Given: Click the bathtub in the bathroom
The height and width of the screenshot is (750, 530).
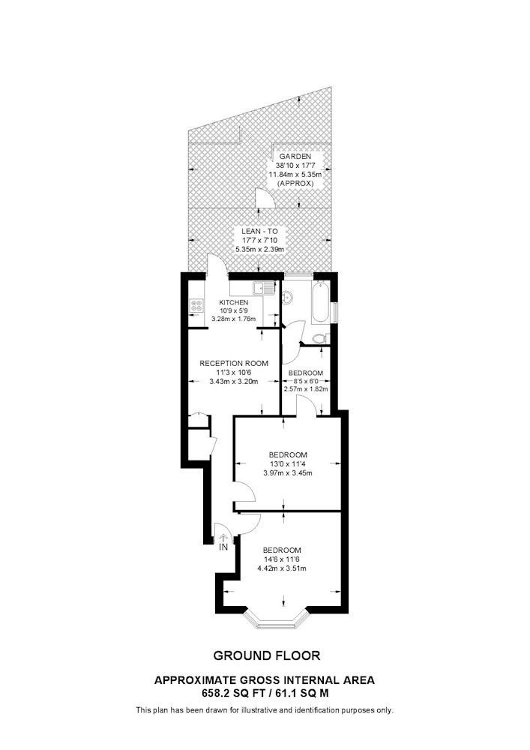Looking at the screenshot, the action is click(320, 302).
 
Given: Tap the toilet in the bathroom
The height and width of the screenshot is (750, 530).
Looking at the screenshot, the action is click(319, 339).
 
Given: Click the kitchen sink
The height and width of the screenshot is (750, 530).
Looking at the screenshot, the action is click(265, 288).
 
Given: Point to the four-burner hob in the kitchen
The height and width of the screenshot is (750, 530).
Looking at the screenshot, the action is click(196, 306).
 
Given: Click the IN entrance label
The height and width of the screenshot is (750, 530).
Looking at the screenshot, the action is click(223, 547).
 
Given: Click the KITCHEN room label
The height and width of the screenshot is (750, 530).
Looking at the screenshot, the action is click(234, 302).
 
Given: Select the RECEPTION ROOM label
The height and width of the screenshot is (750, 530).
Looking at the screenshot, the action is click(234, 363).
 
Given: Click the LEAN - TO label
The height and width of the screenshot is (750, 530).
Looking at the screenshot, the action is click(259, 232).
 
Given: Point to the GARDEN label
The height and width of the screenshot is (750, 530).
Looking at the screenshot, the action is click(295, 157).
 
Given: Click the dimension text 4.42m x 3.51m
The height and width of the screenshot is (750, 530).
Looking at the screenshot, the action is click(282, 568).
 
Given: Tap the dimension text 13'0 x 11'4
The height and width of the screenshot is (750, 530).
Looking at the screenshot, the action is click(288, 464).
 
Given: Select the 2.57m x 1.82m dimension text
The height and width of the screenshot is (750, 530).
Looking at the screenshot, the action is click(306, 388).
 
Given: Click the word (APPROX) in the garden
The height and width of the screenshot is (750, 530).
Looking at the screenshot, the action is click(295, 183).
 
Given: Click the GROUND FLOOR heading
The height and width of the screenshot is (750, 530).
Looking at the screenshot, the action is click(267, 655).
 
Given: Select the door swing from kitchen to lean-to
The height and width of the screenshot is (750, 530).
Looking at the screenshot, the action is click(216, 265).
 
